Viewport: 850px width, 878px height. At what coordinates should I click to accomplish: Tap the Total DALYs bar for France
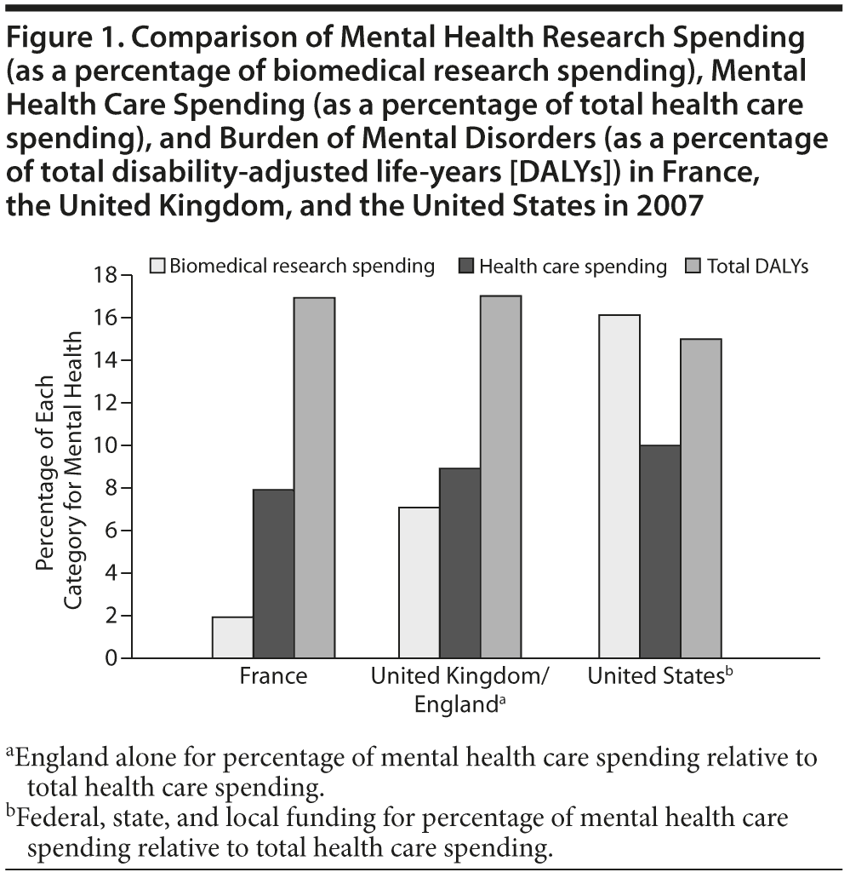[x=314, y=478]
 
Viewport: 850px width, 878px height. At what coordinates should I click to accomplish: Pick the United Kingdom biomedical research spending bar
[x=419, y=582]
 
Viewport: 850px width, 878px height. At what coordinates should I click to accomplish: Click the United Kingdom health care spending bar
[x=459, y=563]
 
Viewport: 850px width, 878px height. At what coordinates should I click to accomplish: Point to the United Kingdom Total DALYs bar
[x=500, y=477]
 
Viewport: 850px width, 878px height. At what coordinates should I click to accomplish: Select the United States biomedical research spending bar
[x=619, y=486]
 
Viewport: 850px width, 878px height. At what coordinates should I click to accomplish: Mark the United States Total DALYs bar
[x=701, y=498]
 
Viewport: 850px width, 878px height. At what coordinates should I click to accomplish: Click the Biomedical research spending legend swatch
[x=157, y=266]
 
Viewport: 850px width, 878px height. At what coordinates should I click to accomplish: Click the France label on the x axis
[x=273, y=678]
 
